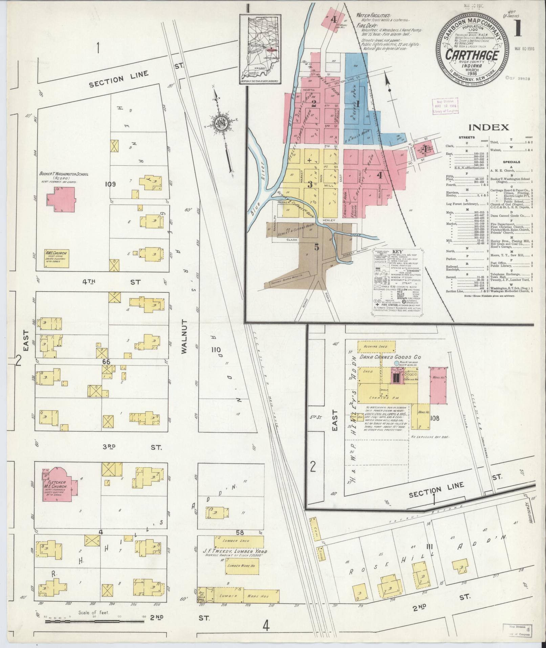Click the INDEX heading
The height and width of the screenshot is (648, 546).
pos(488,128)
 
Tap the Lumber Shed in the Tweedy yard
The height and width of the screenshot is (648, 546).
pos(239,541)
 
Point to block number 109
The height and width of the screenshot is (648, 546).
pos(110,184)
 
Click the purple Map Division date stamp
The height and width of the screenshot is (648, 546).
pos(445,105)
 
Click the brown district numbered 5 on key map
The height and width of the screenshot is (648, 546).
pos(316,247)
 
